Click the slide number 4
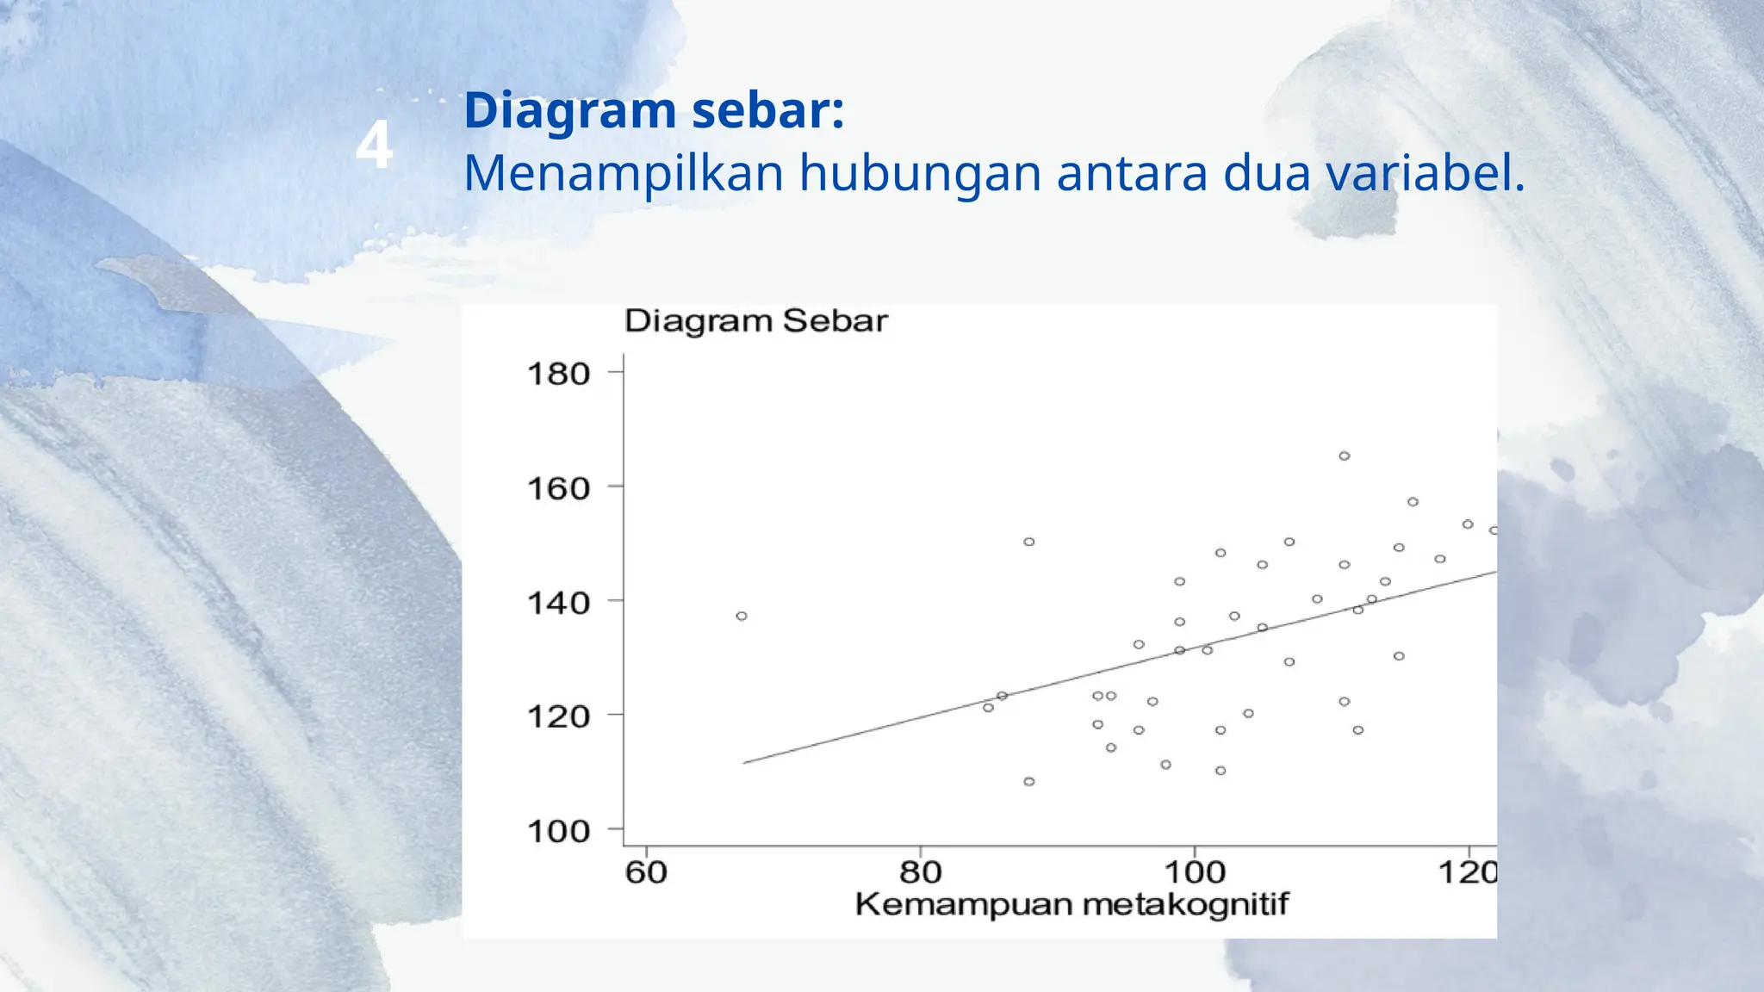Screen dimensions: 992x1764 click(x=374, y=145)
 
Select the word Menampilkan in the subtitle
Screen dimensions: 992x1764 click(x=623, y=172)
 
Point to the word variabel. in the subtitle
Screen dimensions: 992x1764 click(x=1425, y=172)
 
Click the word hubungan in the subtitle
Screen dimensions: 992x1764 click(x=919, y=174)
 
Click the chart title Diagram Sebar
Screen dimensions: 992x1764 click(x=755, y=321)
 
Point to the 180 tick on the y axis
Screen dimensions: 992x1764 click(x=558, y=374)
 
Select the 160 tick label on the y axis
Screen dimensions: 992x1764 click(x=558, y=488)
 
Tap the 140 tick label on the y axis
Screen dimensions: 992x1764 click(x=558, y=603)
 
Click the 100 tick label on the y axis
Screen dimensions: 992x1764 click(x=558, y=831)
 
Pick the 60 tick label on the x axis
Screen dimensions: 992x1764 click(x=646, y=872)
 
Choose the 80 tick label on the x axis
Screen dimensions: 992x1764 click(x=920, y=872)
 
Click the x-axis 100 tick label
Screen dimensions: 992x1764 click(x=1194, y=872)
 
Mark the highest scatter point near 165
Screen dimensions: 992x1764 click(x=1345, y=456)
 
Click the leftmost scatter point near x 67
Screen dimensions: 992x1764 click(x=742, y=617)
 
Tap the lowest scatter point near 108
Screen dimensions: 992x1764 click(x=1029, y=782)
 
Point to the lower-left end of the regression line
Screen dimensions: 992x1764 click(x=746, y=762)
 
